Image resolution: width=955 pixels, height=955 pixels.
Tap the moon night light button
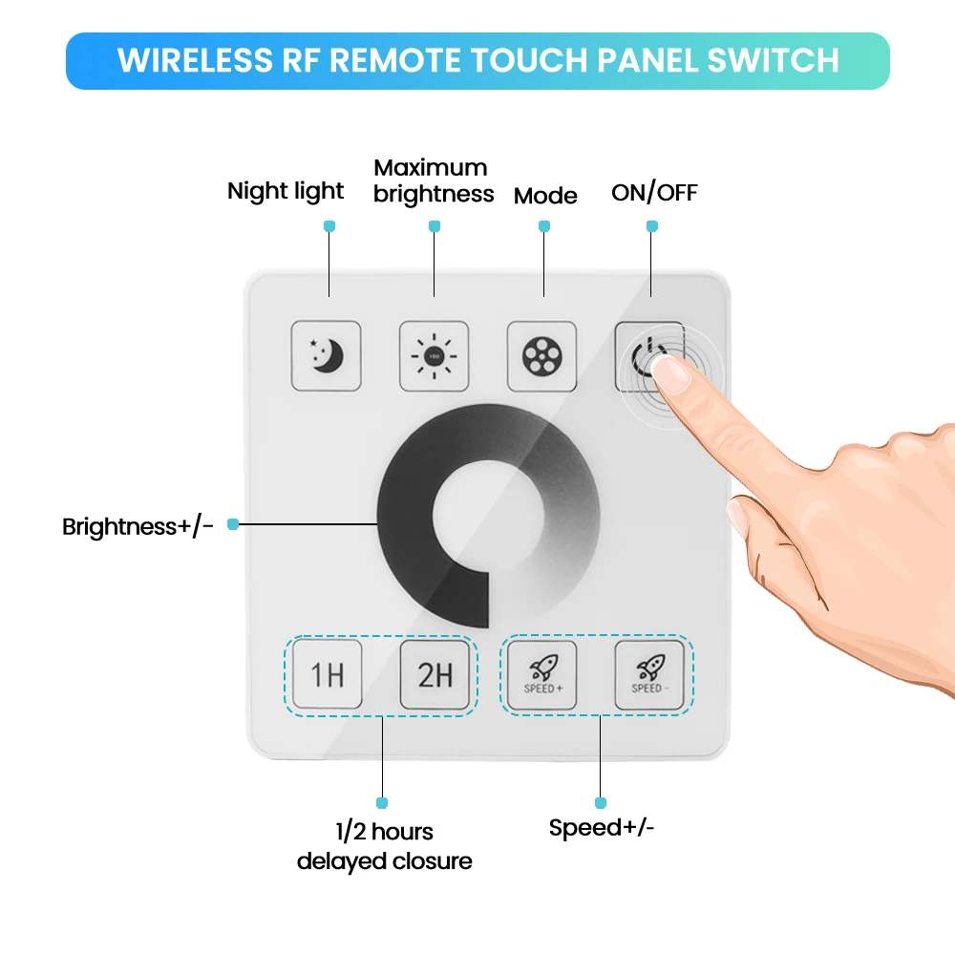326,356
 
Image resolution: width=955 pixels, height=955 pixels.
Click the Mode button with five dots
541,356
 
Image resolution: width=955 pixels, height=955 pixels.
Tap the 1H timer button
327,674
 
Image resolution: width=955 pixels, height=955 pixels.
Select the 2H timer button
435,674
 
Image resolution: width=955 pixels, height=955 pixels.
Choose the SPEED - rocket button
648,674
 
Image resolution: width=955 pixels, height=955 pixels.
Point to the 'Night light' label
285,191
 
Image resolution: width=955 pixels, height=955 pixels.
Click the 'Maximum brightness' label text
434,180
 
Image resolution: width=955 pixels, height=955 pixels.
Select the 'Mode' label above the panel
544,196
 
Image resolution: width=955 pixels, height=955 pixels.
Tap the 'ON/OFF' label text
654,193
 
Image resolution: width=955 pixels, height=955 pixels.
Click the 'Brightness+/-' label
138,526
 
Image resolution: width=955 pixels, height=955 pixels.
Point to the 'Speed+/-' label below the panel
602,828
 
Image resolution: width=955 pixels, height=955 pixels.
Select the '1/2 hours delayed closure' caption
384,846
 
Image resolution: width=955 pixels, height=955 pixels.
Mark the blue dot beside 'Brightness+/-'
232,524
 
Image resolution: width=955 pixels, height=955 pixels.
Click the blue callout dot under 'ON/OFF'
652,226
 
